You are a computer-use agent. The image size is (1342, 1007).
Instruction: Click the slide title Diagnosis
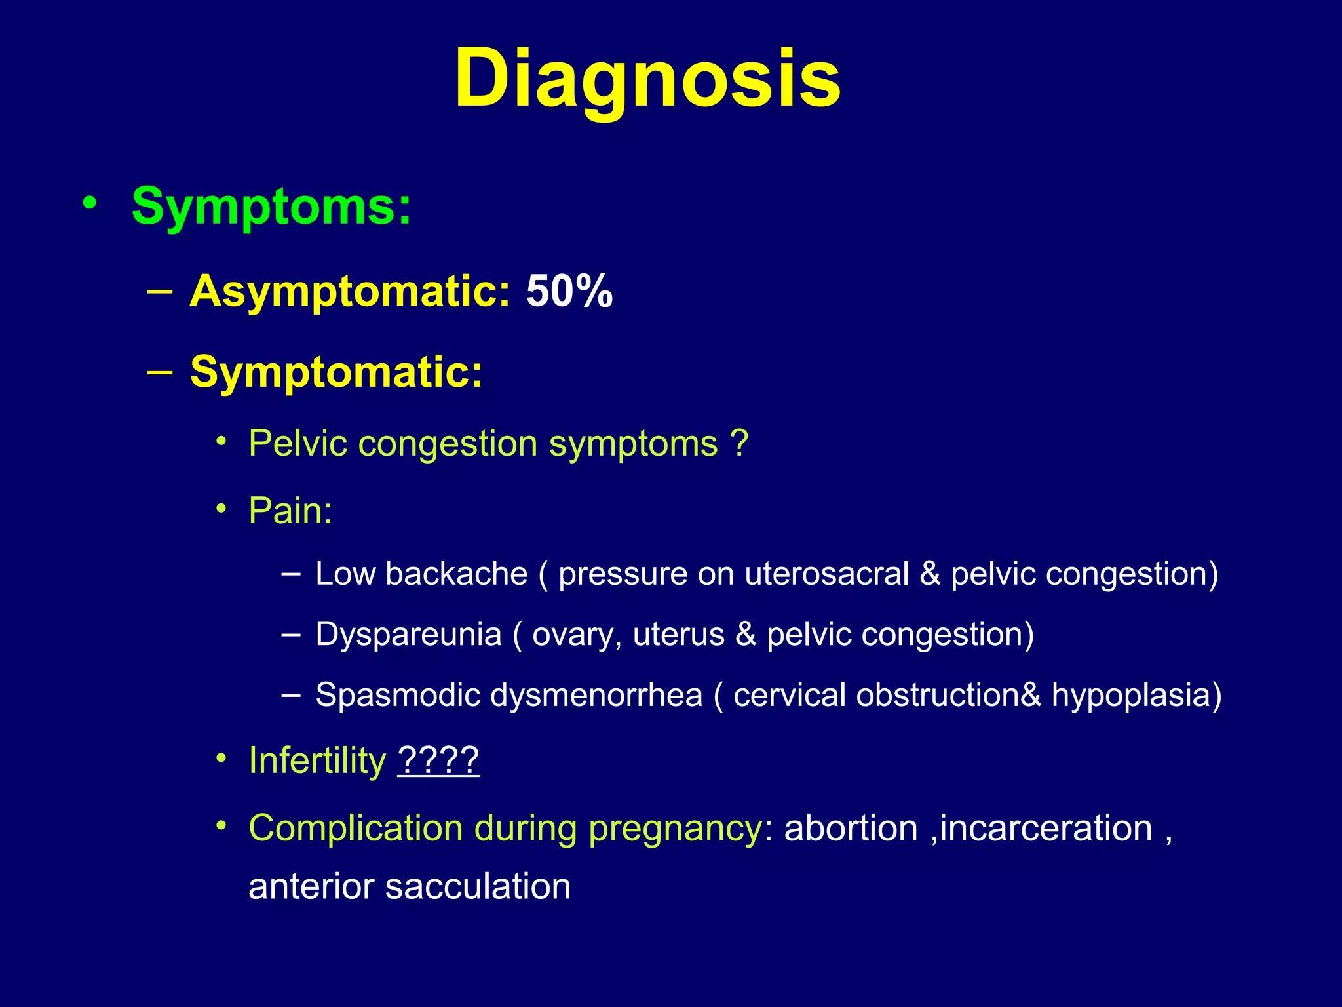pos(647,79)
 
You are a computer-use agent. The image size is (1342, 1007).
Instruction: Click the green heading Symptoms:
pos(271,206)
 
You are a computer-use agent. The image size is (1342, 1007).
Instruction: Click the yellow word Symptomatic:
pos(336,371)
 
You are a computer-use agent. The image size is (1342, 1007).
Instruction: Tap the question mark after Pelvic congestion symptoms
pos(739,443)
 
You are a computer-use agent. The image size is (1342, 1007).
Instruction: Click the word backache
pos(456,574)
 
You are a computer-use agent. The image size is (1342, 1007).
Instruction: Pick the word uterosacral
pos(826,574)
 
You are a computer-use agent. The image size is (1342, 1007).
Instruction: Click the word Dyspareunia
pos(408,634)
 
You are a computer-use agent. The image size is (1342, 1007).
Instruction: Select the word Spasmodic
pos(397,695)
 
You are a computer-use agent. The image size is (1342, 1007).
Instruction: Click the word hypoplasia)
pos(1136,695)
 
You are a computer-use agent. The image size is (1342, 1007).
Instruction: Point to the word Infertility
pos(317,760)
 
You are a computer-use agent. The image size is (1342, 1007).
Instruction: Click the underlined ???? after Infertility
pos(438,760)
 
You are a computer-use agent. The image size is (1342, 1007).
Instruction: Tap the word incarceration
pos(1046,827)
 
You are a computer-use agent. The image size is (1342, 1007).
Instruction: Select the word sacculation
pos(478,886)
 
